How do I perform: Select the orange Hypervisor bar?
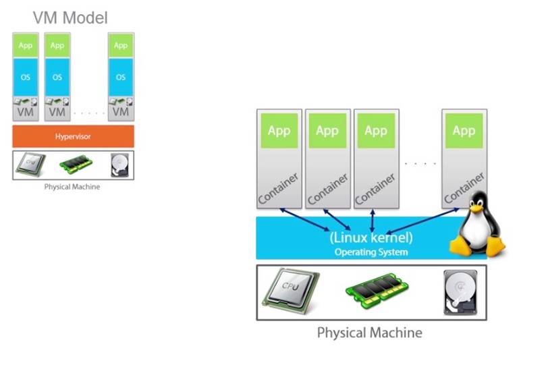[x=73, y=136]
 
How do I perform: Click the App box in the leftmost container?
[x=279, y=131]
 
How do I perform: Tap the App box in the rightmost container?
[x=464, y=131]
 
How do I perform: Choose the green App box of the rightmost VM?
[x=121, y=46]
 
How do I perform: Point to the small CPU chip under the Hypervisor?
[x=31, y=165]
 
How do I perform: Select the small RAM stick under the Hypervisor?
[x=75, y=165]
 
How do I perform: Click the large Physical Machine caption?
[x=370, y=333]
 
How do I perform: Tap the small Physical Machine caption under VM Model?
[x=72, y=187]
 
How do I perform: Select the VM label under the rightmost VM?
[x=121, y=111]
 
